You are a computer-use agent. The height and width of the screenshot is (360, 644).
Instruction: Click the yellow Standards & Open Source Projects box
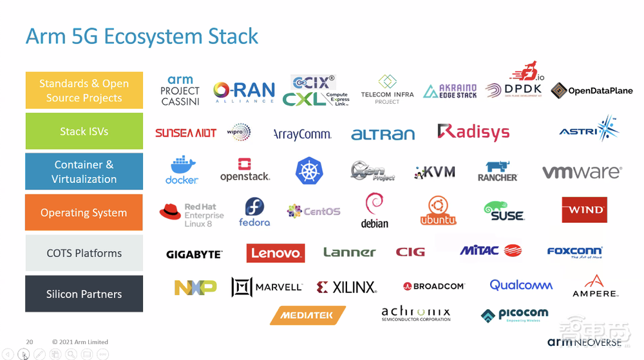(x=84, y=90)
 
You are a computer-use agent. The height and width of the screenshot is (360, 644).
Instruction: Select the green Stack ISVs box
(x=84, y=131)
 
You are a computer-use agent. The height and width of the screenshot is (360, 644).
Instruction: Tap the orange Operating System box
(x=84, y=213)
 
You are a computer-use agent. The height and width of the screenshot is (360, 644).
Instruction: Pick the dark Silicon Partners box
(x=84, y=294)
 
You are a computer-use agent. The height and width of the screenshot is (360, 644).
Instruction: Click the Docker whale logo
(x=182, y=170)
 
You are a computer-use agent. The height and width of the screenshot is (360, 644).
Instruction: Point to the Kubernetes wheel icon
(x=308, y=171)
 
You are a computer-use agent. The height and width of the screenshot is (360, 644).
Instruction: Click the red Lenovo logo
(x=276, y=253)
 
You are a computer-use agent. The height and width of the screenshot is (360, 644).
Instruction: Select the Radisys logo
(x=473, y=133)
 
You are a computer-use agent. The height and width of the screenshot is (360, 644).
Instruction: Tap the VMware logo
(x=582, y=172)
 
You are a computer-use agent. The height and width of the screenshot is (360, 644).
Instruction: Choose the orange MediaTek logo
(x=308, y=315)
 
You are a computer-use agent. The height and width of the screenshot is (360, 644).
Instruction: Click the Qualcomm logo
(x=521, y=285)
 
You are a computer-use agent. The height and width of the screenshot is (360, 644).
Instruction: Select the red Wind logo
(x=584, y=210)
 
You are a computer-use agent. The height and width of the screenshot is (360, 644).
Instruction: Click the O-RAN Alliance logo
(x=244, y=93)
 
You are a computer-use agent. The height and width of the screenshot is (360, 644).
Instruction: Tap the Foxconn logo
(x=574, y=252)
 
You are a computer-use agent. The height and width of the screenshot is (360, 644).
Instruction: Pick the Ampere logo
(x=595, y=286)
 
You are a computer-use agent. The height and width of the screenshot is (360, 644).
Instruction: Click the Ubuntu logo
(x=439, y=211)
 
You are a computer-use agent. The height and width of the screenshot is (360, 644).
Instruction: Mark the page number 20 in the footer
(x=30, y=342)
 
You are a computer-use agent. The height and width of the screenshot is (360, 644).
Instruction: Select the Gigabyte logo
(x=194, y=254)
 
